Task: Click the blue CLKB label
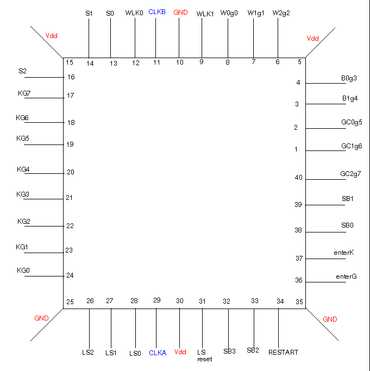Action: pos(156,12)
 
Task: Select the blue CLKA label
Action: pos(158,353)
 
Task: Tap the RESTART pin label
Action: pos(283,353)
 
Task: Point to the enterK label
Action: pos(344,253)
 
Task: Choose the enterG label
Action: pos(346,276)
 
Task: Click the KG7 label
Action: pos(24,93)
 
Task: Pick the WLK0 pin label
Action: pos(134,13)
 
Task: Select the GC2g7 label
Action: pos(350,174)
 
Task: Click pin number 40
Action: pos(298,178)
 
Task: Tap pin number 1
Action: pos(296,149)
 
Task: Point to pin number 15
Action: pos(70,62)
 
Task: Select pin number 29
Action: pos(157,300)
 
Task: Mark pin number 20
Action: pos(71,172)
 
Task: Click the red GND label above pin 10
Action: pos(180,12)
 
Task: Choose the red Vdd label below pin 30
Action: pos(180,352)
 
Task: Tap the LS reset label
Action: pos(204,356)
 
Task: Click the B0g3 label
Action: pos(349,78)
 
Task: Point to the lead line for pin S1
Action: pos(89,38)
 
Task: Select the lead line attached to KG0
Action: pos(44,276)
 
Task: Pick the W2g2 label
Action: pos(281,13)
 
